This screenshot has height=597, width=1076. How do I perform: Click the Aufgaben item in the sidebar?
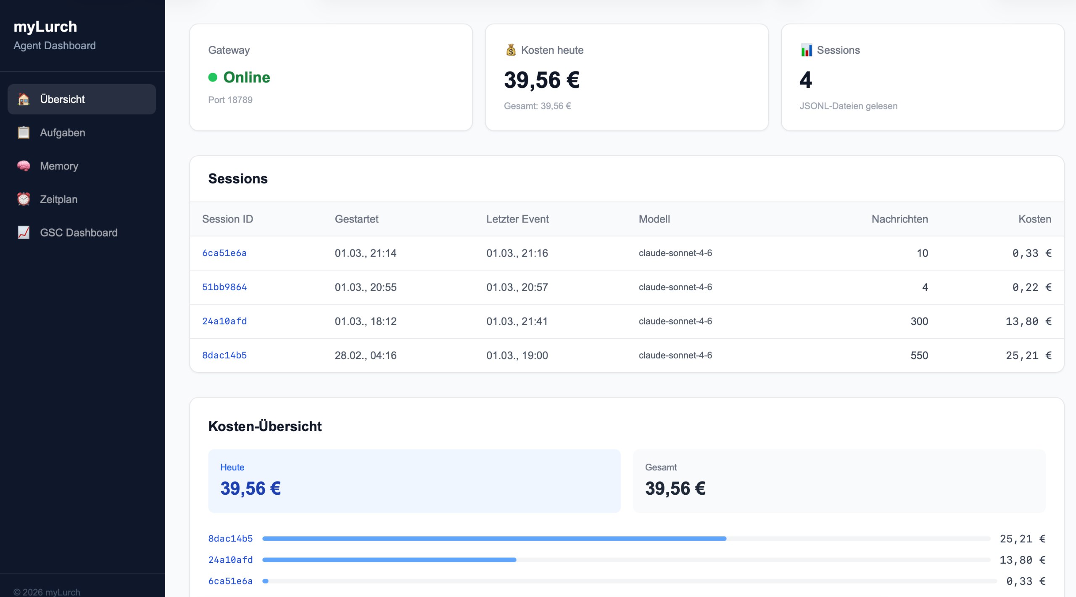point(62,133)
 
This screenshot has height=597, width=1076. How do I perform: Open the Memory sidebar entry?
point(59,166)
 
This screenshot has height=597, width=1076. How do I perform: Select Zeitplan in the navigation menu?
point(58,199)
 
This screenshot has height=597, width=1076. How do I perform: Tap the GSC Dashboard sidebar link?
point(79,232)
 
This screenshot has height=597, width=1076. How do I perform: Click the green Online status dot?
point(213,77)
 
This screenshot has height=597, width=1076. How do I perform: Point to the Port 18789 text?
point(230,100)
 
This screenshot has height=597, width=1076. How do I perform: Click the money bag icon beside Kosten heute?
point(511,50)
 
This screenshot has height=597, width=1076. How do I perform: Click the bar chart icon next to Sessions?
point(806,50)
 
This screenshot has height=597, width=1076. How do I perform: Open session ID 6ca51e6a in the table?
point(224,253)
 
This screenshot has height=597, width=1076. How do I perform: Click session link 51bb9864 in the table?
point(224,287)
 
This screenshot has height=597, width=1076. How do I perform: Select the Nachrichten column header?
point(899,219)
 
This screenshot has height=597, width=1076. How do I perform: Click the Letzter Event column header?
point(517,219)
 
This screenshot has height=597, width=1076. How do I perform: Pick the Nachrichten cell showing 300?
point(919,321)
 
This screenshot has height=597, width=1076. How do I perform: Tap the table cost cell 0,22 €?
point(1031,287)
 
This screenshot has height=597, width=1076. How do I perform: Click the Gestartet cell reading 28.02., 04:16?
point(365,355)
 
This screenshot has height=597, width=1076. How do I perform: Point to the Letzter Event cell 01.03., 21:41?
point(517,321)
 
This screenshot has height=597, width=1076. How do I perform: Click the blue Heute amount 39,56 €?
point(251,488)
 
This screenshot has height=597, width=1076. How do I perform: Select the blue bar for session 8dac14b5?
point(494,539)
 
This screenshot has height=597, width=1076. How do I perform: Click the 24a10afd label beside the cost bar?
point(230,560)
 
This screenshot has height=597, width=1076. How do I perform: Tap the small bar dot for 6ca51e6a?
point(266,581)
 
